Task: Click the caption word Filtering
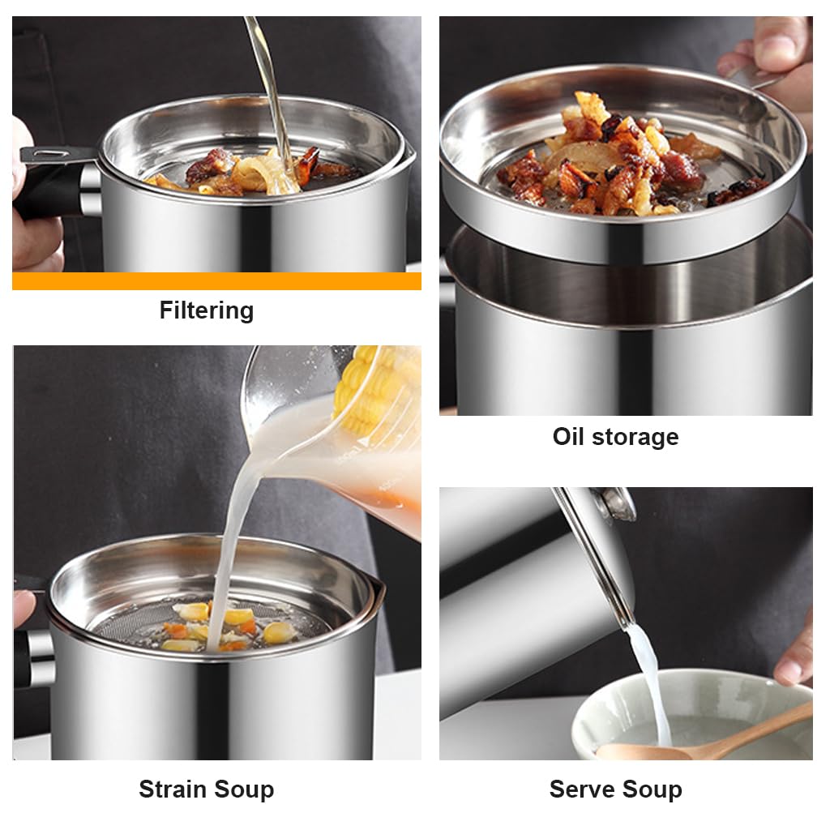[206, 310]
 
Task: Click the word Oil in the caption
[569, 437]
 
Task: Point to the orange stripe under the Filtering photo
[216, 281]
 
